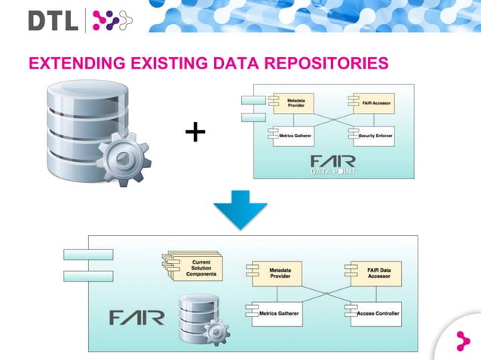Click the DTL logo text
coord(53,20)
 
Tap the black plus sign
coord(195,133)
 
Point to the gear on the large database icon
coord(124,158)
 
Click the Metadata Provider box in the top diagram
coord(293,105)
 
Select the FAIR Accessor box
coord(369,103)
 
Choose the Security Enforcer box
coord(371,136)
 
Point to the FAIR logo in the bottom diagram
coord(136,317)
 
